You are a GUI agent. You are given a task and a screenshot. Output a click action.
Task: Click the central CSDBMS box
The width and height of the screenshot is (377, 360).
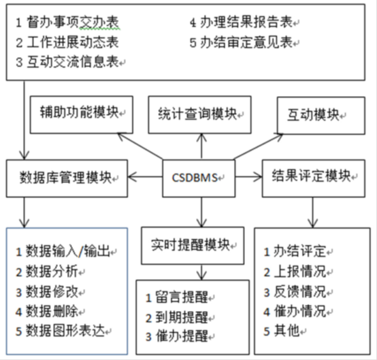199,178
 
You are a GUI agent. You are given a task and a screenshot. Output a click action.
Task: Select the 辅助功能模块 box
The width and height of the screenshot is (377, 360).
82,114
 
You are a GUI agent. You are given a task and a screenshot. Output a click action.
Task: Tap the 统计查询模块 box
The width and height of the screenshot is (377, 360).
200,115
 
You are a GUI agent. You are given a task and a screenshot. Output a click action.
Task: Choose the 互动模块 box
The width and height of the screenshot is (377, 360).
321,116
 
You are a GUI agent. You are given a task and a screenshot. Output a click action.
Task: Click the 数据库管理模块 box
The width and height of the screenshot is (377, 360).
67,178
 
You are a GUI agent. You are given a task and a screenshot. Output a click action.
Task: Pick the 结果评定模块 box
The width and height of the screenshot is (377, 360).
314,178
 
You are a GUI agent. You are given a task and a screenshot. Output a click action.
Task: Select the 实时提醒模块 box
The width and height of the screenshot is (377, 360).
193,246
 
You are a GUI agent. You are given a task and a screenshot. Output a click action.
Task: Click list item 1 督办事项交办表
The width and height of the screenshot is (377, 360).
67,22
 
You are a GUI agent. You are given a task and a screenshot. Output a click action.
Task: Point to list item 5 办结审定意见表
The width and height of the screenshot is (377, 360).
242,42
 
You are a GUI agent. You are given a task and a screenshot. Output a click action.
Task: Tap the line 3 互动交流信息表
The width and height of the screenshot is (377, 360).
67,62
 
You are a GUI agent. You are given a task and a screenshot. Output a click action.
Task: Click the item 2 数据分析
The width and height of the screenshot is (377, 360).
47,272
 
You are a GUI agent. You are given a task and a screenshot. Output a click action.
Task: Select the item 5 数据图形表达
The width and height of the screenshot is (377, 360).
61,331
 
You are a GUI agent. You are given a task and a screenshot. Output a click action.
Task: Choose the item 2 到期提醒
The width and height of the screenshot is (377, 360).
177,317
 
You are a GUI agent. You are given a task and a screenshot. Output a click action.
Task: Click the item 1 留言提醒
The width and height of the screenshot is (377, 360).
177,297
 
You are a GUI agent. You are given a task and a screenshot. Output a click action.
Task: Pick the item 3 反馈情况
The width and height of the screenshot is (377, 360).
295,291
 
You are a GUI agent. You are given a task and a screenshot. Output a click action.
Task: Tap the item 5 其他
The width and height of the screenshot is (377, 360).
282,331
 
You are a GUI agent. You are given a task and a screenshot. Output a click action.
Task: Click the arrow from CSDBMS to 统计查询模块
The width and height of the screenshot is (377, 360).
201,146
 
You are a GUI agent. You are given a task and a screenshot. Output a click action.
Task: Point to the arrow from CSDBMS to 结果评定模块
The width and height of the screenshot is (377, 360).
248,177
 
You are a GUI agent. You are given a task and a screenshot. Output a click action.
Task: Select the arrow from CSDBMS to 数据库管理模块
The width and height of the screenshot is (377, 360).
145,177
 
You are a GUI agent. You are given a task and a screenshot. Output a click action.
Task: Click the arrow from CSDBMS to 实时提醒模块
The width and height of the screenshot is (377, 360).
201,212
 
